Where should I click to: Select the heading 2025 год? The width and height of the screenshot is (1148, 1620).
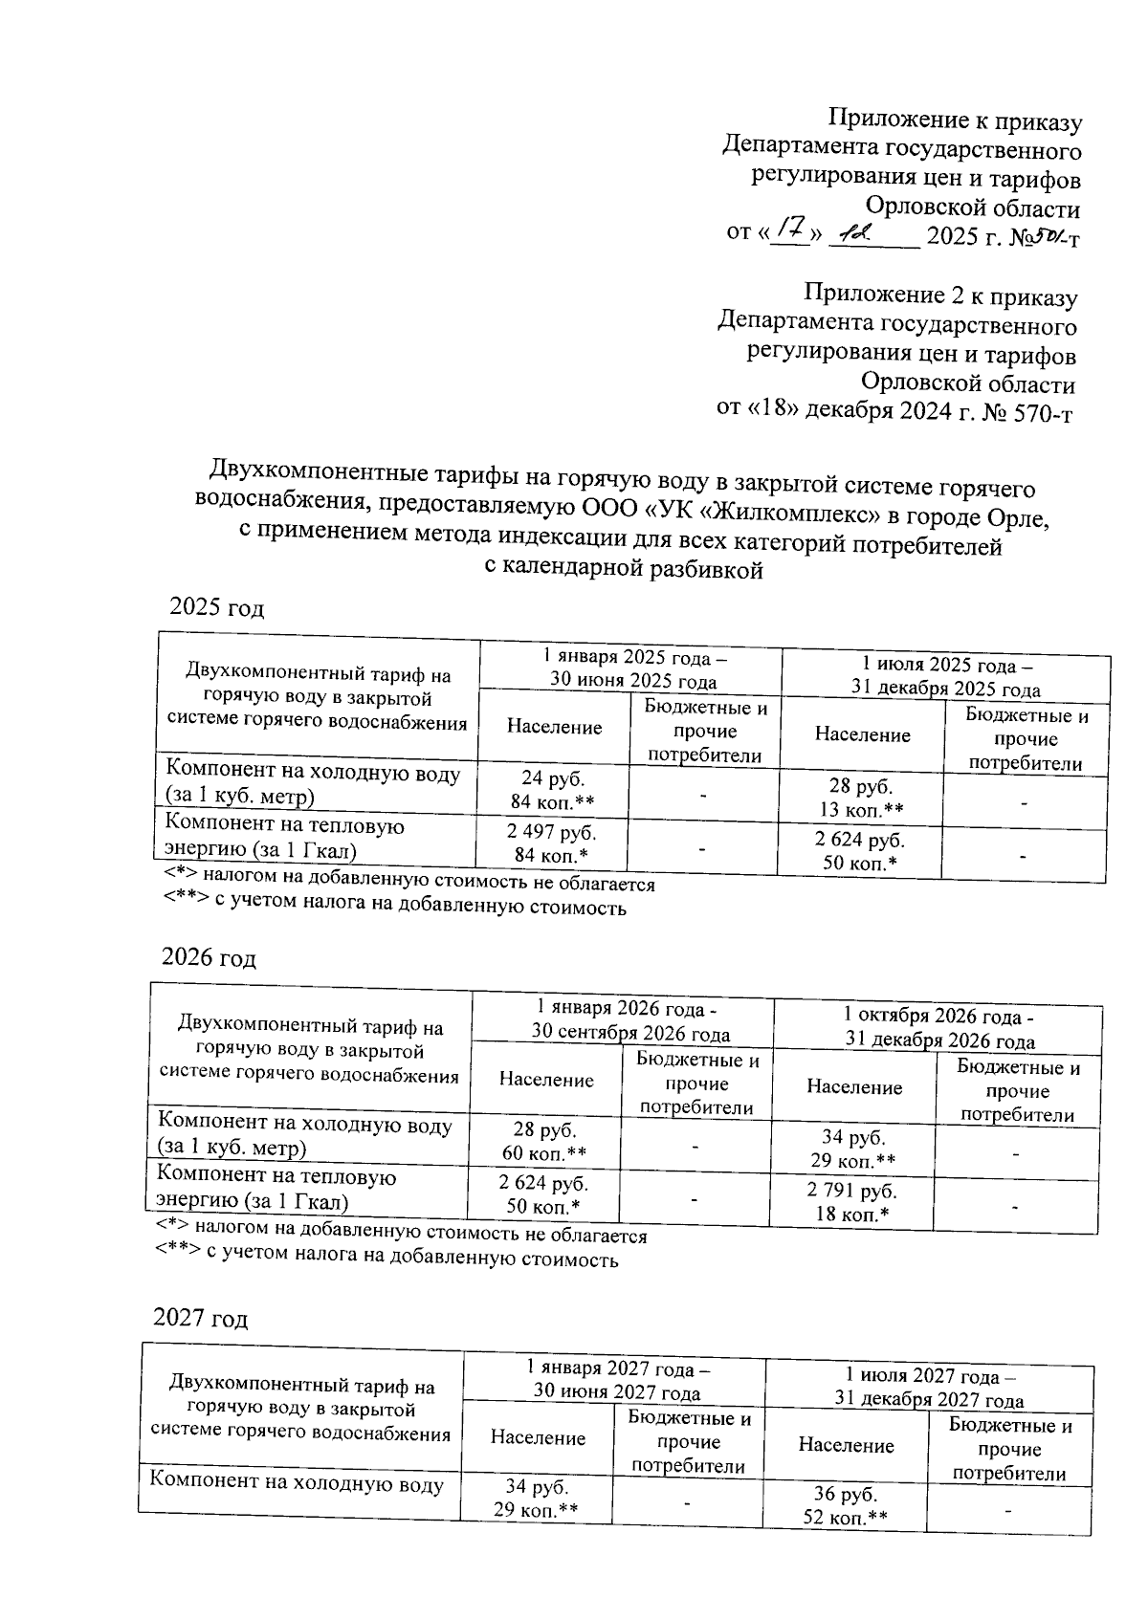[215, 608]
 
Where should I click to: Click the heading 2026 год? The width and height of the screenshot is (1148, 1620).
[209, 958]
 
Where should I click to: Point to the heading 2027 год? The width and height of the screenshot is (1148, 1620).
[201, 1319]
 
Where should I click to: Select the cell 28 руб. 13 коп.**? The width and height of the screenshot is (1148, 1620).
[860, 798]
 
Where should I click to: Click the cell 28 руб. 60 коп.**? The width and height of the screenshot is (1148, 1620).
[544, 1140]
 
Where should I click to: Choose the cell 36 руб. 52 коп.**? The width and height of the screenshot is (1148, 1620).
[846, 1507]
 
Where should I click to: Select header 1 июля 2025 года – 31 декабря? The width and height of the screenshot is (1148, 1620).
[946, 677]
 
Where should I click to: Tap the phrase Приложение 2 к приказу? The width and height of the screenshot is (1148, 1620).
[940, 297]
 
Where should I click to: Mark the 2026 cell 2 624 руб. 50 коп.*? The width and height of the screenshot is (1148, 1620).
[544, 1194]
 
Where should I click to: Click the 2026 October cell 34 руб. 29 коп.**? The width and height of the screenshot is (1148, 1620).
[853, 1149]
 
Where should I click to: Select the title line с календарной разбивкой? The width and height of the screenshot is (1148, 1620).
[624, 571]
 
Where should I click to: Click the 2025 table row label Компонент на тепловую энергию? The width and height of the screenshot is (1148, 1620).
[285, 836]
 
